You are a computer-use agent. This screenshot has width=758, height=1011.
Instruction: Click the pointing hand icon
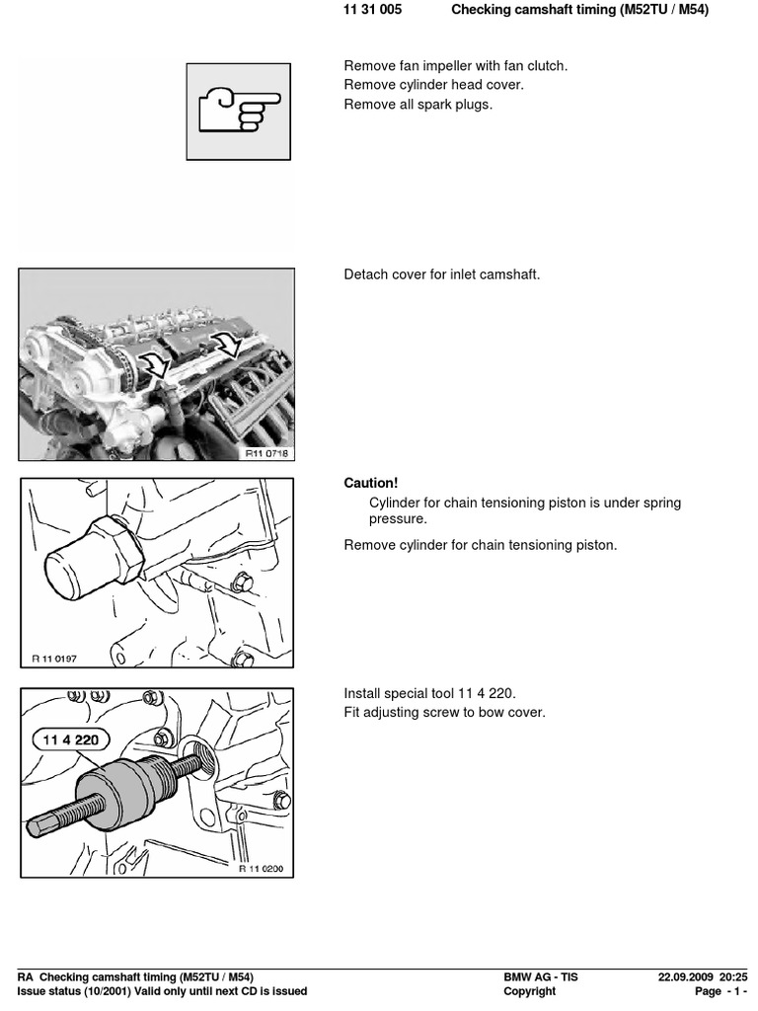[239, 111]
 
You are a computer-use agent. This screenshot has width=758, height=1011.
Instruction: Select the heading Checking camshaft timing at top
[579, 10]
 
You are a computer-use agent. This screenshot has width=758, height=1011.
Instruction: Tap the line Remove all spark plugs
[417, 105]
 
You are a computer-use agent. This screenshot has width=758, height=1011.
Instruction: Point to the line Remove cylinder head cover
[433, 85]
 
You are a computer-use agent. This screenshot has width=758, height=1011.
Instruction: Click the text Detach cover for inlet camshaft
[441, 274]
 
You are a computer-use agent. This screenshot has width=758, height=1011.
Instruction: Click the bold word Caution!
[370, 483]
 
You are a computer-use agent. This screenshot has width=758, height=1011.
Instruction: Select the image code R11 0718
[268, 452]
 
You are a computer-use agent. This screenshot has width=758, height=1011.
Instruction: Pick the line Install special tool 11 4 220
[429, 693]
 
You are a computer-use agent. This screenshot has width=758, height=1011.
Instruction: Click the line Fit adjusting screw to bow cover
[443, 713]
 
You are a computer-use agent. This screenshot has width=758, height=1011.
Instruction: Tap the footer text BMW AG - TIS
[541, 977]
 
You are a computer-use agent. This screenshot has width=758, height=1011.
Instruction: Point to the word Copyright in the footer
[530, 991]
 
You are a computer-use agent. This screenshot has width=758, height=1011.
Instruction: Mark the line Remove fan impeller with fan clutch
[455, 66]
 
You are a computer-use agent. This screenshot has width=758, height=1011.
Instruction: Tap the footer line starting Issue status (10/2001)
[163, 991]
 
